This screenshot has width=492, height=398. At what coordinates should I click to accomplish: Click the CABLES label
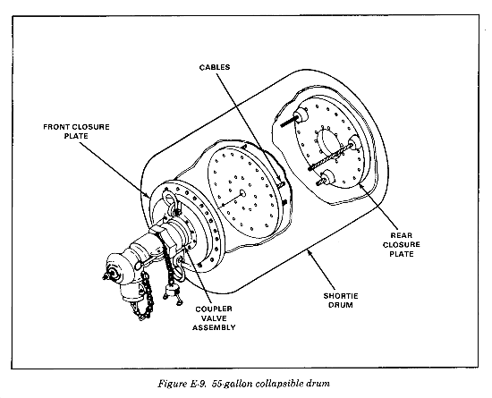tap(215, 67)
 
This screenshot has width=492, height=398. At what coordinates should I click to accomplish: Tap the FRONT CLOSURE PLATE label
tap(76, 131)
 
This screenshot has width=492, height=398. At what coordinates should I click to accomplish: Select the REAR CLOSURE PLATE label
tap(402, 245)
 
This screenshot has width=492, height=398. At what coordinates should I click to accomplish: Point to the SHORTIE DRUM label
tap(341, 301)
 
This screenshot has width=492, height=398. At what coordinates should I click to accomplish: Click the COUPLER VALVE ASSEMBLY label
tap(214, 318)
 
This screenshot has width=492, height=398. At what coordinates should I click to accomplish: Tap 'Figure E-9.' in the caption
tap(182, 384)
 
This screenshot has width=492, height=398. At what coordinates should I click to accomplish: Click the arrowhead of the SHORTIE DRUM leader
tap(310, 252)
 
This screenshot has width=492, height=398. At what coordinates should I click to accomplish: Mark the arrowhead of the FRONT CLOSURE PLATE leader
tap(148, 195)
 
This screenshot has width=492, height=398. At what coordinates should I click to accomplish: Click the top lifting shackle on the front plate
tap(172, 203)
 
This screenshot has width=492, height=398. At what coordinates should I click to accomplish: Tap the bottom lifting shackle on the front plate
tap(182, 265)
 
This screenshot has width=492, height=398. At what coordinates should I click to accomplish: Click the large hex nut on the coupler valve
tap(164, 239)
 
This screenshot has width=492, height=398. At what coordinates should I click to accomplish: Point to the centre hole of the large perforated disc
tap(242, 193)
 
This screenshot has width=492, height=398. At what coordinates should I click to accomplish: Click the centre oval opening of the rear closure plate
tap(329, 144)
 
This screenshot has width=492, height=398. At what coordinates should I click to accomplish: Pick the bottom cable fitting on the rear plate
tap(328, 178)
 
